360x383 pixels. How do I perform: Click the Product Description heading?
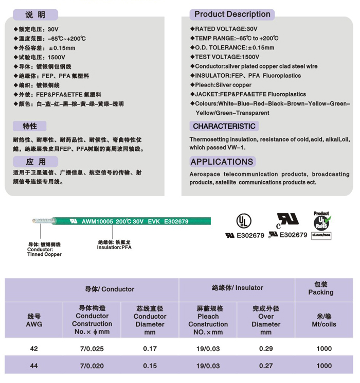click(232, 14)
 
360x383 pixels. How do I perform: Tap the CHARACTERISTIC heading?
click(224, 126)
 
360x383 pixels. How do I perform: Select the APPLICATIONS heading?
click(222, 162)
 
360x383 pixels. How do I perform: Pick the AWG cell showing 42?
click(34, 349)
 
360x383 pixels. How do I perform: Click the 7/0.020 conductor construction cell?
click(92, 366)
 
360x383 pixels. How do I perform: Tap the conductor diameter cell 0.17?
click(150, 349)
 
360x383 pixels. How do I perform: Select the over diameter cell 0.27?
click(266, 366)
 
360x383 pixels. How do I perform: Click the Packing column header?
click(321, 288)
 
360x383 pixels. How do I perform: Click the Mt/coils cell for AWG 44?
click(324, 366)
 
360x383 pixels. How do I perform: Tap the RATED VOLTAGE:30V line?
click(226, 29)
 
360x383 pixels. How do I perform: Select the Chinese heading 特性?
click(30, 126)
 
